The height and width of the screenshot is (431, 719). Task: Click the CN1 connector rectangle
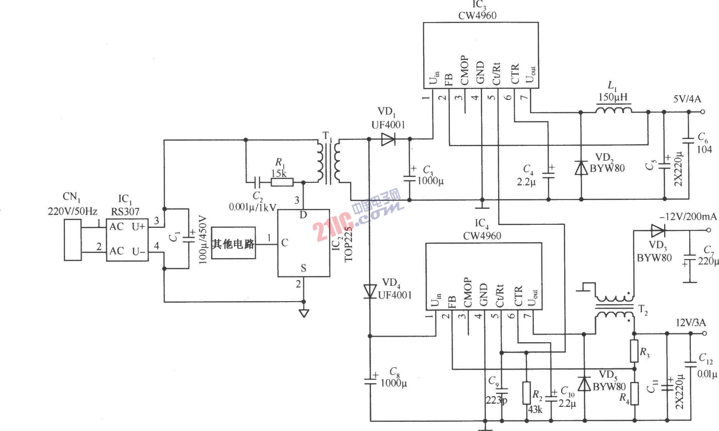(73, 240)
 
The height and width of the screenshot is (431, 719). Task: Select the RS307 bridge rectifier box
(127, 240)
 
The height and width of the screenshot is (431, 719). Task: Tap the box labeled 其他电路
(233, 243)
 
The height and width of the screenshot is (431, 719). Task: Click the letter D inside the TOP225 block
(303, 215)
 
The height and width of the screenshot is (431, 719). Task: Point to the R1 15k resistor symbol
(282, 182)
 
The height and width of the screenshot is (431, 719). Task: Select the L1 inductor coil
(614, 111)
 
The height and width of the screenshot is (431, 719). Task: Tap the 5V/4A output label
(687, 99)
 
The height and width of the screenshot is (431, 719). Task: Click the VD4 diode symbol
(370, 291)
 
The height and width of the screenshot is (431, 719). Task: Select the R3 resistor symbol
(634, 351)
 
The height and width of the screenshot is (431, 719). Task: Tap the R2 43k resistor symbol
(526, 393)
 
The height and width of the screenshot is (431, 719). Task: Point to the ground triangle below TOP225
(304, 313)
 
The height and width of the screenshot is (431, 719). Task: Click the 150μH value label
(613, 97)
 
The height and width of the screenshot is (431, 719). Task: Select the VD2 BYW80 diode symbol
(581, 168)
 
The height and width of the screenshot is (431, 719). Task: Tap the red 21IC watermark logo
(334, 232)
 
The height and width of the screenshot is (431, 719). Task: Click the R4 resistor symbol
(634, 393)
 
